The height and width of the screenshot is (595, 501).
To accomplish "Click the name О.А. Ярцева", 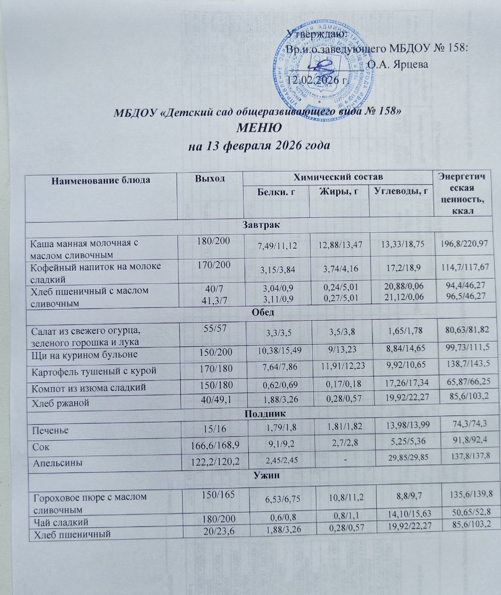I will point(399,64).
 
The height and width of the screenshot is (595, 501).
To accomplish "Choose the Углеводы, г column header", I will point(400,191).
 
